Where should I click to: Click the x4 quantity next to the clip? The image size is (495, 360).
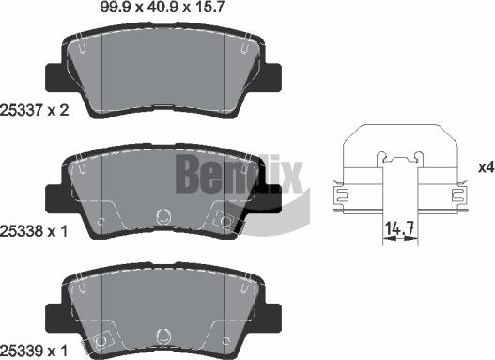point(485,168)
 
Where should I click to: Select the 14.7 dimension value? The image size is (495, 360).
point(400,227)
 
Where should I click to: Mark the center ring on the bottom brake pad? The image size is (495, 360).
point(163,334)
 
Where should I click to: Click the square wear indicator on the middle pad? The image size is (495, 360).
point(224,221)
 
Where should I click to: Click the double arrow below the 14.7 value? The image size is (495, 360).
point(400,240)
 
